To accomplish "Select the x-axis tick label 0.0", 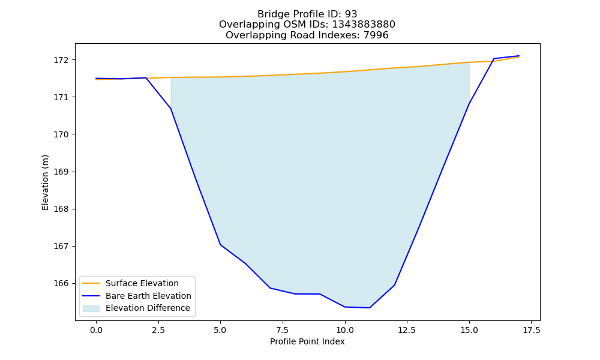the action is [96, 330].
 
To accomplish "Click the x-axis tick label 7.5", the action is [283, 330].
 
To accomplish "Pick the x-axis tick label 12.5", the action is [407, 330].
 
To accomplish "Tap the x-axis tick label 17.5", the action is [531, 330].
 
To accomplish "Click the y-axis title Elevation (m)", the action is [46, 182].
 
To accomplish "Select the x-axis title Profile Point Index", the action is [307, 341].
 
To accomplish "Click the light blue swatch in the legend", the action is [91, 308].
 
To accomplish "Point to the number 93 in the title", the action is [351, 14].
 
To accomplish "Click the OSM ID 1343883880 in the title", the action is [364, 25].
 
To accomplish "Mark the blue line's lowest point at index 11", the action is [370, 308].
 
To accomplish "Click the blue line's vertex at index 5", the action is [220, 244].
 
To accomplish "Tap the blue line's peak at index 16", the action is [494, 59].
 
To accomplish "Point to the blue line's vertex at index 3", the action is [170, 109].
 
